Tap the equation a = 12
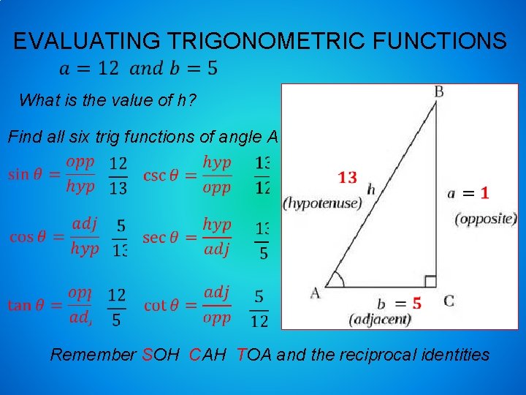(x=88, y=69)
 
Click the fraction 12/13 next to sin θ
(x=117, y=176)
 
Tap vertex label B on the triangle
(x=439, y=91)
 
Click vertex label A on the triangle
(x=316, y=293)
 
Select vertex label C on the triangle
(x=448, y=300)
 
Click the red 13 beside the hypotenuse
(x=348, y=177)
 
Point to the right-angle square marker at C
(x=430, y=282)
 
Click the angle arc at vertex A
(x=336, y=279)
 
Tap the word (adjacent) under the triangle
(x=380, y=319)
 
